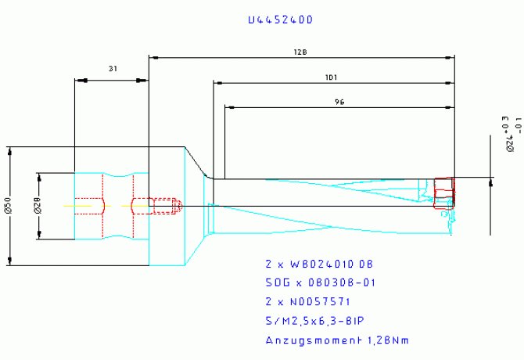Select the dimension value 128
coord(300,52)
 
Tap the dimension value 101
coord(332,77)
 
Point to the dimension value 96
coord(339,102)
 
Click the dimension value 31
coord(112,69)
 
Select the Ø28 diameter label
coord(38,206)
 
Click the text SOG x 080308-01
coord(321,283)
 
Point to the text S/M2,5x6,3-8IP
coord(314,320)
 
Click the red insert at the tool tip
coord(443,192)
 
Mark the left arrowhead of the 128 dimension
coord(153,57)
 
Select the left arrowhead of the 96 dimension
coord(228,106)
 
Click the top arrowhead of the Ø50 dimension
coord(10,149)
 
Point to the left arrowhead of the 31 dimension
coord(77,79)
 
